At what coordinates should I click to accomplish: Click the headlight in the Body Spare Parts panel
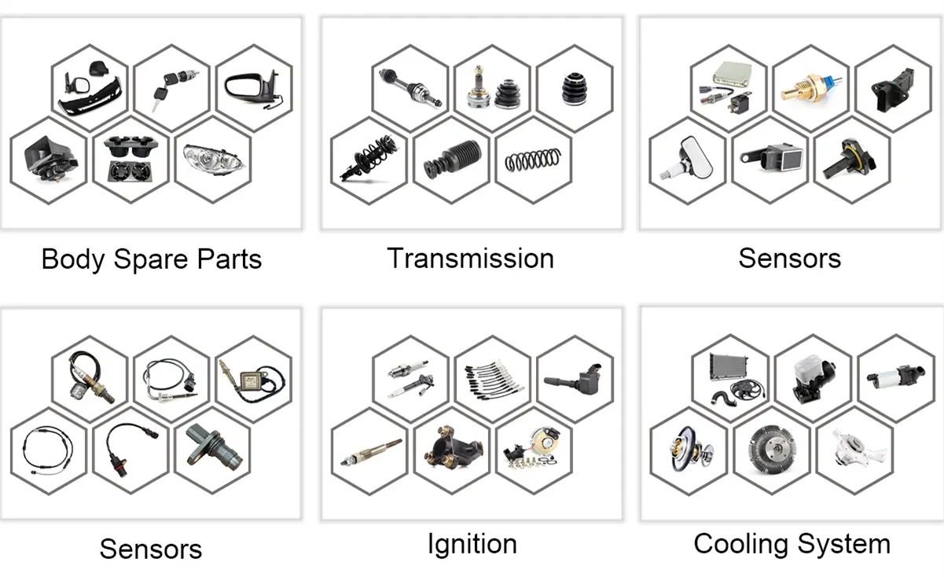212,162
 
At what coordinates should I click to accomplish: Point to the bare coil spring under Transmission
533,160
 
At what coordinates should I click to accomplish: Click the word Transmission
471,259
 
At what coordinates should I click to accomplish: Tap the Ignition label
472,544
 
